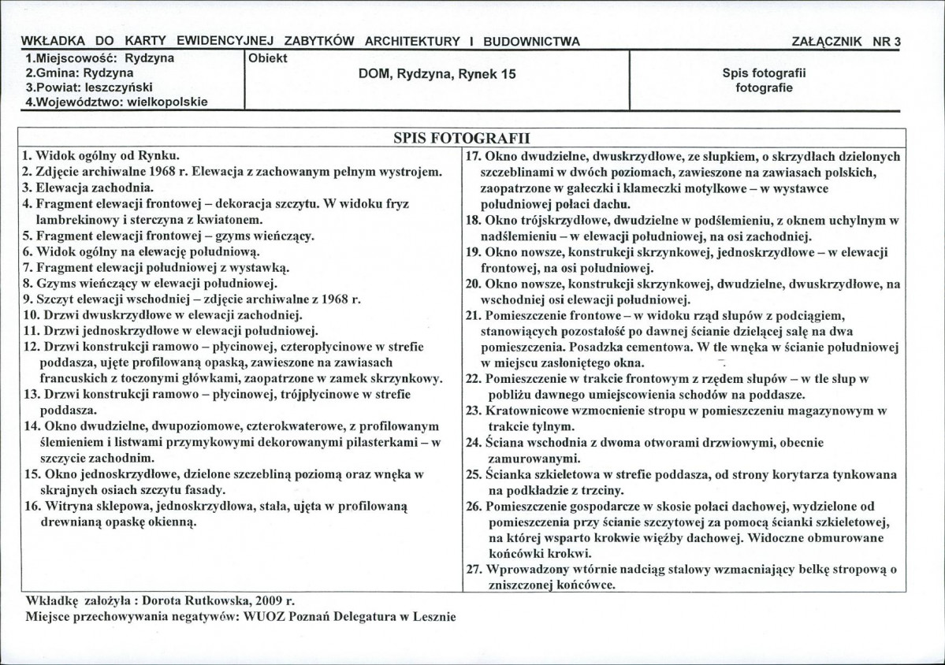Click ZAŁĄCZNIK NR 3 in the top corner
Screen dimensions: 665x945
[x=848, y=43]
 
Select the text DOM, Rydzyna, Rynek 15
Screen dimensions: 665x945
[x=437, y=74]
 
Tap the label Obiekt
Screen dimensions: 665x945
[x=268, y=59]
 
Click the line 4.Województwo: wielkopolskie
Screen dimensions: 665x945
[x=116, y=102]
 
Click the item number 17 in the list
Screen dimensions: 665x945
[x=473, y=156]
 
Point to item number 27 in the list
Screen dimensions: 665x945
[x=473, y=569]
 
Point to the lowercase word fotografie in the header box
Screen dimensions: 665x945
[x=764, y=87]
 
